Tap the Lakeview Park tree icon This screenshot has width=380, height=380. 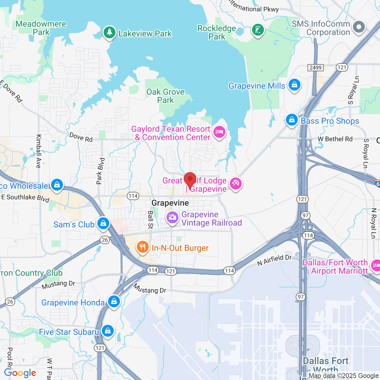(x=110, y=32)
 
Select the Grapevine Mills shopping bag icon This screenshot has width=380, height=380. (x=294, y=85)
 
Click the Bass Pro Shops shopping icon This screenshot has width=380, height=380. (x=292, y=120)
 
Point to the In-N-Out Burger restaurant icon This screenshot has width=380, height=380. (x=143, y=247)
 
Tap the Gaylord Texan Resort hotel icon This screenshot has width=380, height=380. (x=219, y=132)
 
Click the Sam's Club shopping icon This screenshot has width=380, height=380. (x=103, y=223)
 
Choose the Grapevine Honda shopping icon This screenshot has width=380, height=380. (x=114, y=302)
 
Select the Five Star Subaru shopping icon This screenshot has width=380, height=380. (x=107, y=331)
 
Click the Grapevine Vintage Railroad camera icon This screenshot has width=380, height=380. (x=172, y=218)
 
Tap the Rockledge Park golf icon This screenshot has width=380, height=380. (x=258, y=30)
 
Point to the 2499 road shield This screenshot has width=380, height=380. (x=315, y=68)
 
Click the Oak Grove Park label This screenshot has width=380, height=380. (x=165, y=96)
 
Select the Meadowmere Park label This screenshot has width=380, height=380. (x=41, y=28)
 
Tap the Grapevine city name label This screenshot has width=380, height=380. (x=170, y=203)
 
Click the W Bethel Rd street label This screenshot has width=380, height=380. (x=335, y=139)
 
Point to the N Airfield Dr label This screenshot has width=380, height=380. (x=274, y=260)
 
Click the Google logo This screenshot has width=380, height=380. (x=20, y=373)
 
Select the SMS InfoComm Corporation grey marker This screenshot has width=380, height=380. (x=359, y=27)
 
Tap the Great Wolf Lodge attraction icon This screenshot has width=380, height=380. (x=236, y=183)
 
